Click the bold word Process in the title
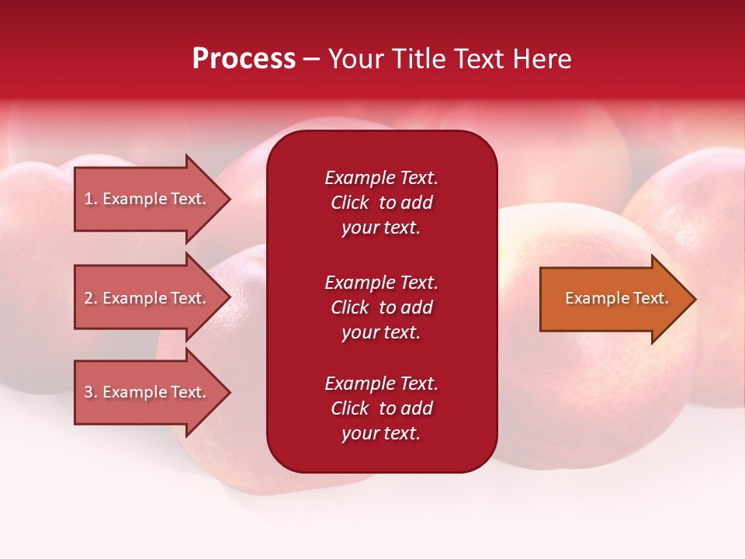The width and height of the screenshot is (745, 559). click(x=244, y=58)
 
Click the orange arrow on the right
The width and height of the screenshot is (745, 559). click(x=613, y=298)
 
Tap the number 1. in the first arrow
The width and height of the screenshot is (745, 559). click(x=91, y=199)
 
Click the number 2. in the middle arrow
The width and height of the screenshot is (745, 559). click(x=91, y=298)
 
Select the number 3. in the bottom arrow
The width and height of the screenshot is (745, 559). click(x=91, y=392)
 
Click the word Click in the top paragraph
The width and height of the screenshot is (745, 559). click(x=350, y=203)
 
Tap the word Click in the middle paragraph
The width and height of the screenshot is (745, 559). click(x=350, y=307)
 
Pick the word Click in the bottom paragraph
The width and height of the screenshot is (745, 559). click(x=350, y=408)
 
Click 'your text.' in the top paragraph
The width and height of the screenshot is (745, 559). click(x=381, y=228)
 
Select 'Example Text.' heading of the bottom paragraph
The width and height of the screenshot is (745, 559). click(x=381, y=384)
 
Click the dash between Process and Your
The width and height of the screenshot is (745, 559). click(x=311, y=59)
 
